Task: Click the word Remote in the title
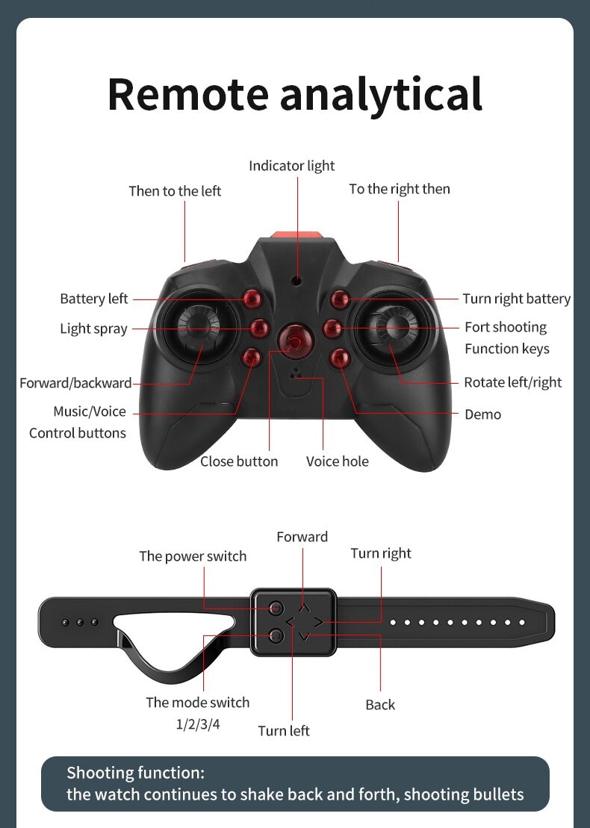(x=187, y=94)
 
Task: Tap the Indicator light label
(x=291, y=166)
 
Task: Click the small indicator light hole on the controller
(x=297, y=281)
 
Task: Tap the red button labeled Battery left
(x=253, y=299)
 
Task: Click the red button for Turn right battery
(x=340, y=299)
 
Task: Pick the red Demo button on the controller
(x=340, y=358)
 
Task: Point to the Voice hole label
(x=337, y=461)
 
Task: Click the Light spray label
(x=93, y=329)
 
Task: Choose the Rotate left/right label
(x=512, y=382)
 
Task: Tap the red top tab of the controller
(x=296, y=235)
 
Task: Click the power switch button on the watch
(x=276, y=608)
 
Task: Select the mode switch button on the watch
(x=276, y=635)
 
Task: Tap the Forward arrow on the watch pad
(x=304, y=608)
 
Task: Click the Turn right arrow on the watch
(x=318, y=622)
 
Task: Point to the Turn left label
(x=284, y=731)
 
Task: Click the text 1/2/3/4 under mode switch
(x=198, y=723)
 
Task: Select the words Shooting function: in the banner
(x=135, y=773)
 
